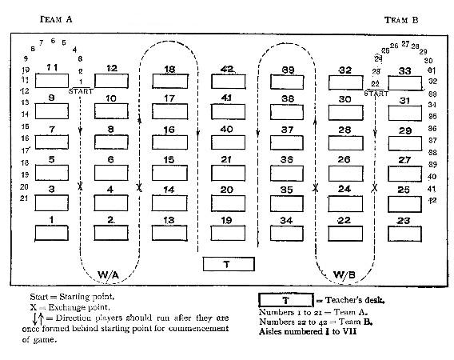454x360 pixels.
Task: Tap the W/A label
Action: (109, 275)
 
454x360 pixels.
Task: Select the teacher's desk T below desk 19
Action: (228, 264)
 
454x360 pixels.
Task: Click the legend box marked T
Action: (285, 300)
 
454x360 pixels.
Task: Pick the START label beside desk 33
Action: (376, 94)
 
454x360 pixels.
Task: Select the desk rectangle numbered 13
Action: (169, 233)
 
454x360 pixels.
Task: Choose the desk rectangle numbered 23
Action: (404, 233)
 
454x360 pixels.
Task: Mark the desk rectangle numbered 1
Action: (52, 233)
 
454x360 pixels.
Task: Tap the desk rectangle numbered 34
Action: (287, 233)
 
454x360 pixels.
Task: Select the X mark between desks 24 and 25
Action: (375, 187)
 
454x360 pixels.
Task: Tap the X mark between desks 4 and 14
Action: (140, 187)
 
